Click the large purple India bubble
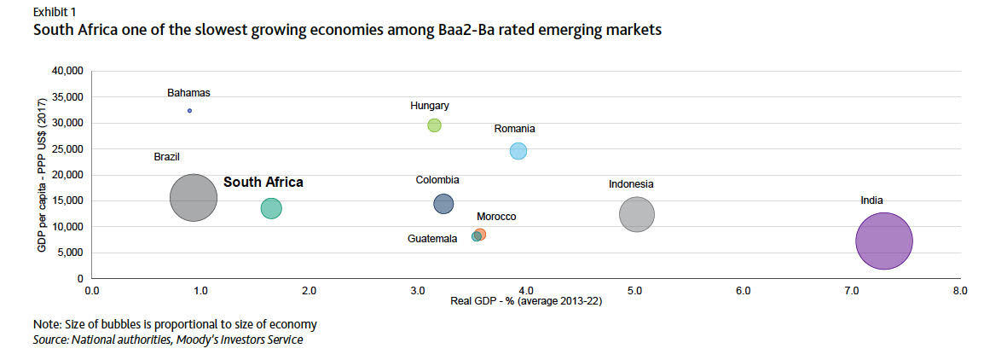click(x=884, y=241)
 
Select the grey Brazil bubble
click(x=194, y=198)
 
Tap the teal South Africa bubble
click(x=271, y=208)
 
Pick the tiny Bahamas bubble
click(x=189, y=111)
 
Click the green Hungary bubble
click(x=434, y=125)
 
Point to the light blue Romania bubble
click(x=518, y=151)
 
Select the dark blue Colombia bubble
click(x=443, y=204)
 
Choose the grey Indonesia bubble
click(x=636, y=214)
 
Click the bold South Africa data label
click(x=263, y=182)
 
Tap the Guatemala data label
click(x=433, y=239)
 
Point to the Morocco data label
click(x=496, y=217)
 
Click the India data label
click(x=871, y=200)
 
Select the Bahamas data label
click(x=188, y=93)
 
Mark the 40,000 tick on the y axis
click(x=67, y=71)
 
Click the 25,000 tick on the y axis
click(x=67, y=149)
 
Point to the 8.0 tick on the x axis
click(x=959, y=291)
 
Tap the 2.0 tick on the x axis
click(x=309, y=291)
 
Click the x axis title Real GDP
click(x=527, y=301)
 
